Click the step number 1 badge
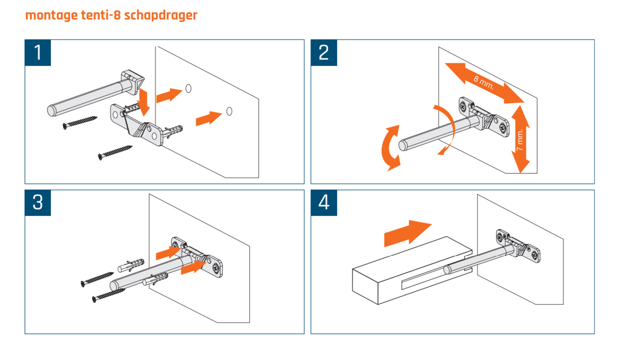pyautogui.click(x=38, y=53)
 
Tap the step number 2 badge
pyautogui.click(x=324, y=53)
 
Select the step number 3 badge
pyautogui.click(x=38, y=203)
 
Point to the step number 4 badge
pyautogui.click(x=324, y=203)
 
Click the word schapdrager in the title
pyautogui.click(x=160, y=15)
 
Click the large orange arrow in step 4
pyautogui.click(x=407, y=233)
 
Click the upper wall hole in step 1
pyautogui.click(x=188, y=88)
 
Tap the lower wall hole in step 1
pyautogui.click(x=229, y=112)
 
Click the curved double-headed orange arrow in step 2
pyautogui.click(x=390, y=148)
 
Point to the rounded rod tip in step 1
pyautogui.click(x=53, y=110)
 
